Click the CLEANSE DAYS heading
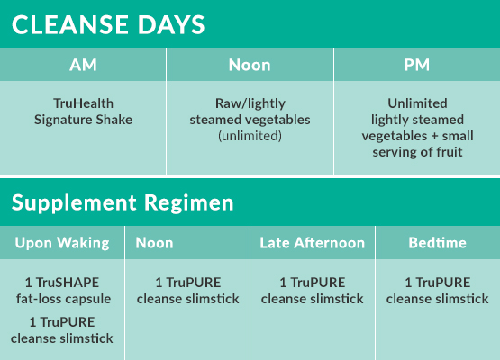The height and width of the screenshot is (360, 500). point(108,25)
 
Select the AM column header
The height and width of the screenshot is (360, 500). point(83,65)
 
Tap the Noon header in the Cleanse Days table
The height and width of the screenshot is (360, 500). point(250,65)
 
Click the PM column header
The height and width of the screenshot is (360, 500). point(417,65)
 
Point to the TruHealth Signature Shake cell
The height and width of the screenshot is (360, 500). point(83,112)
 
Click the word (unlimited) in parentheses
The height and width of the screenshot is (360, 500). point(250,136)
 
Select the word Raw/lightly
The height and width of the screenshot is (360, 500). point(250,103)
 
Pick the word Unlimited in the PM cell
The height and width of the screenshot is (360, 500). point(417,103)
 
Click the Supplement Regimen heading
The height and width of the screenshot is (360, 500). point(123,202)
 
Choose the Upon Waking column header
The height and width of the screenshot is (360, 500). point(62,243)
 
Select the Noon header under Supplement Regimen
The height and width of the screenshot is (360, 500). point(154,243)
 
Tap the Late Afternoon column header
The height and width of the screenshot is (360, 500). point(313,243)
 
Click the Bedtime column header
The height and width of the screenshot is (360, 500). point(438,243)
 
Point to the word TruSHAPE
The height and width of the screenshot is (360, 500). point(68,283)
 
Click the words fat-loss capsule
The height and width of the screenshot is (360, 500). point(63,299)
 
